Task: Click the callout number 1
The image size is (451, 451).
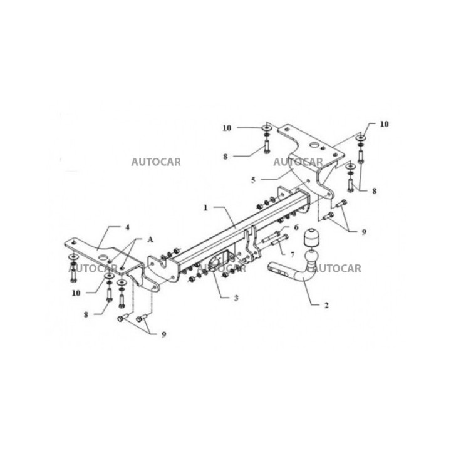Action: (205, 208)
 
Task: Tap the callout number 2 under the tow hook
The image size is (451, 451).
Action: (326, 305)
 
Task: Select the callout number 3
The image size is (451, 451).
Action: (236, 298)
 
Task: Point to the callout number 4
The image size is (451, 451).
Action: (127, 227)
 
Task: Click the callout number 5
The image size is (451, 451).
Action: (253, 180)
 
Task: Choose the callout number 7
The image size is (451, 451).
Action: (293, 254)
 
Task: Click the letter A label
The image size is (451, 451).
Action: (150, 239)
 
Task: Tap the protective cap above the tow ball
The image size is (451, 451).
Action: (311, 237)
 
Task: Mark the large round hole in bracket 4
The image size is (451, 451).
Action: (101, 257)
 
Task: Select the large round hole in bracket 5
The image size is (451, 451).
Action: (314, 145)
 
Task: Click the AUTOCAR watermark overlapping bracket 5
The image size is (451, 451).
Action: (298, 162)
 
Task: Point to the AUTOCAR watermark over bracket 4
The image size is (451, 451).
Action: (93, 269)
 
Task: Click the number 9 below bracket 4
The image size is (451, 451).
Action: (163, 334)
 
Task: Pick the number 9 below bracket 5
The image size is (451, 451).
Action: (364, 232)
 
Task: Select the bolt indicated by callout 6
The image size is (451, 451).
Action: (271, 236)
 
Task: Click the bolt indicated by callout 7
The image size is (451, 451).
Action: (279, 241)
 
